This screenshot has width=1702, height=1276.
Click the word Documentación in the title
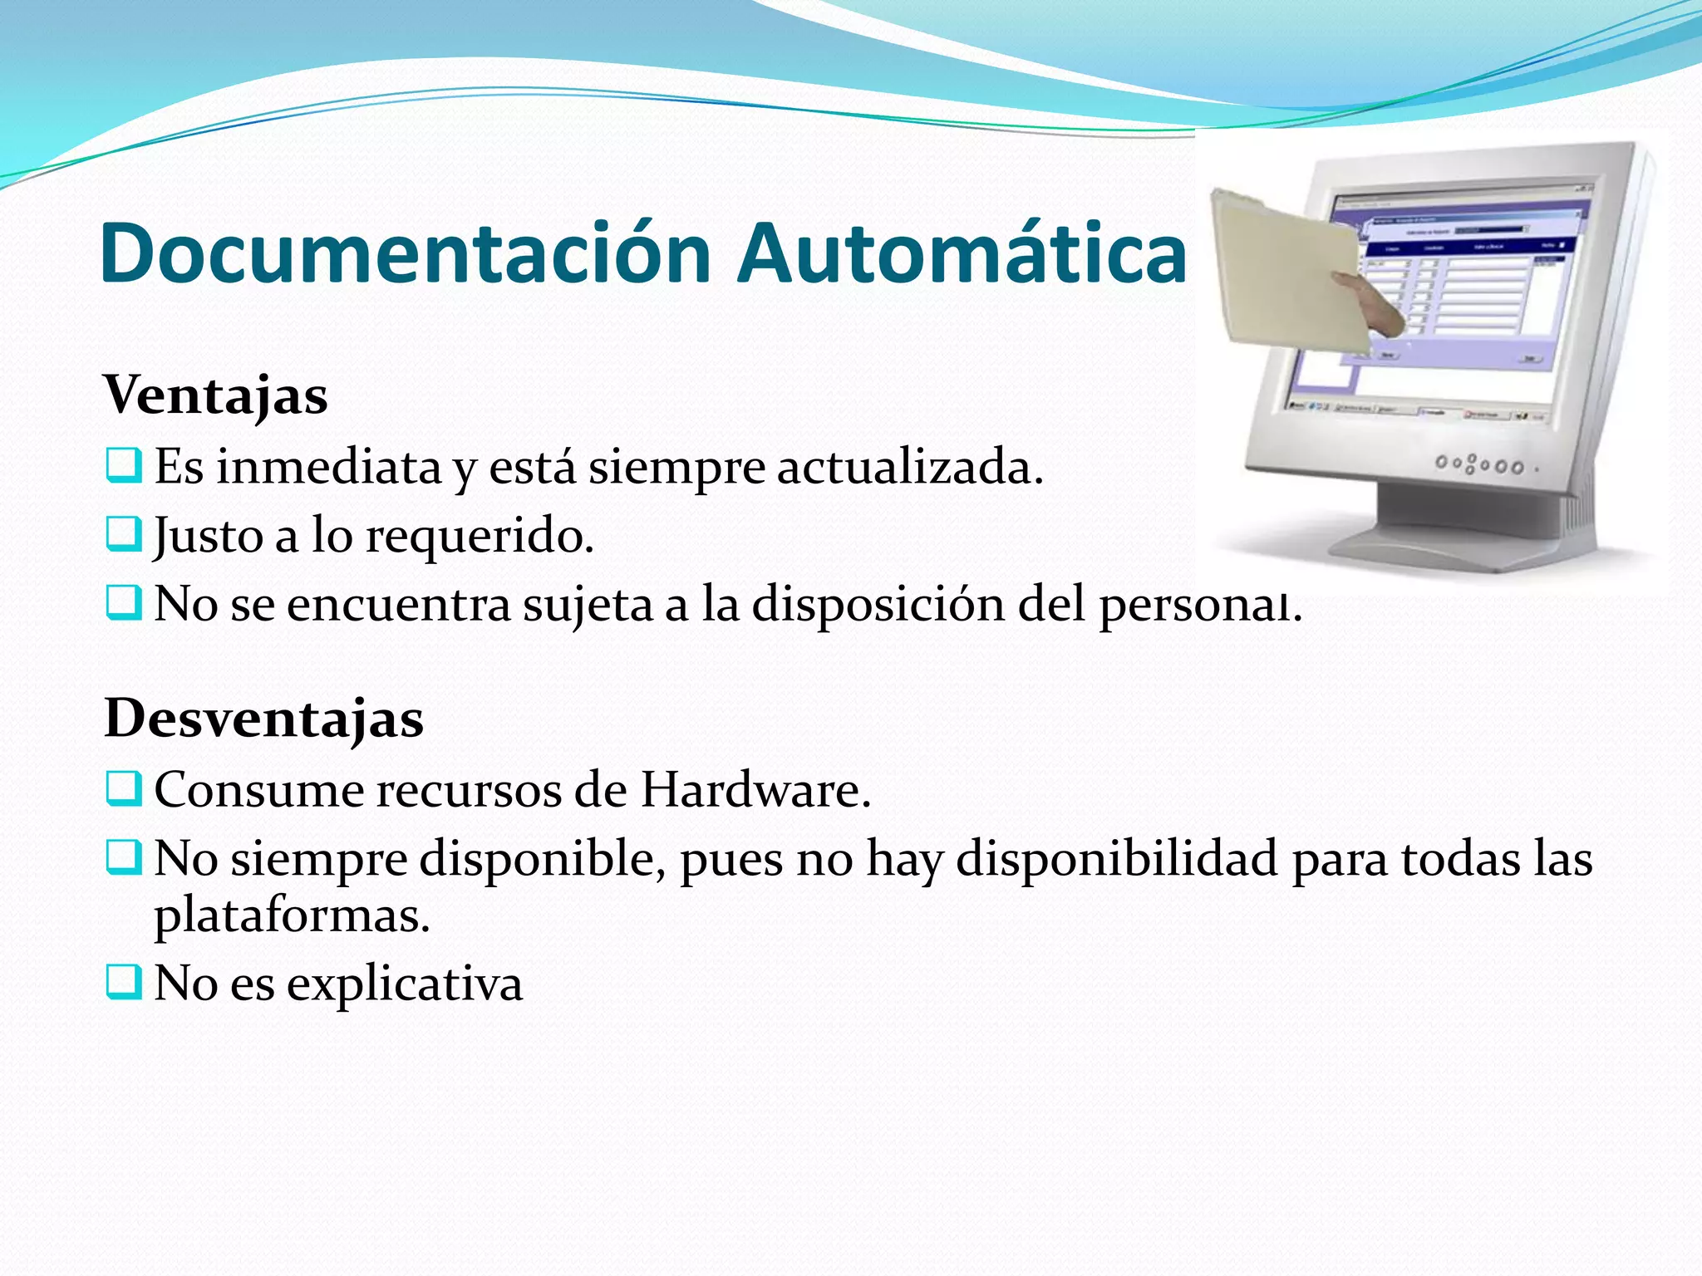click(406, 253)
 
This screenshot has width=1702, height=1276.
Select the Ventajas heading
click(215, 395)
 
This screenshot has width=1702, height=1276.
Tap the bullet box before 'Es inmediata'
click(123, 465)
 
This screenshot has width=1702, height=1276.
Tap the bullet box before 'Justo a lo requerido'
click(123, 534)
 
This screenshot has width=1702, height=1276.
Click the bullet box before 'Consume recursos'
click(123, 789)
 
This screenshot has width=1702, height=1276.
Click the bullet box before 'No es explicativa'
click(123, 982)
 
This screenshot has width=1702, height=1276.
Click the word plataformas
click(291, 917)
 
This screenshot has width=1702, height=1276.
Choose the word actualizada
click(909, 467)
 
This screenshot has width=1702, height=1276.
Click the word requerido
click(480, 537)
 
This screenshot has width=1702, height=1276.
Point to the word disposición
click(878, 605)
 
